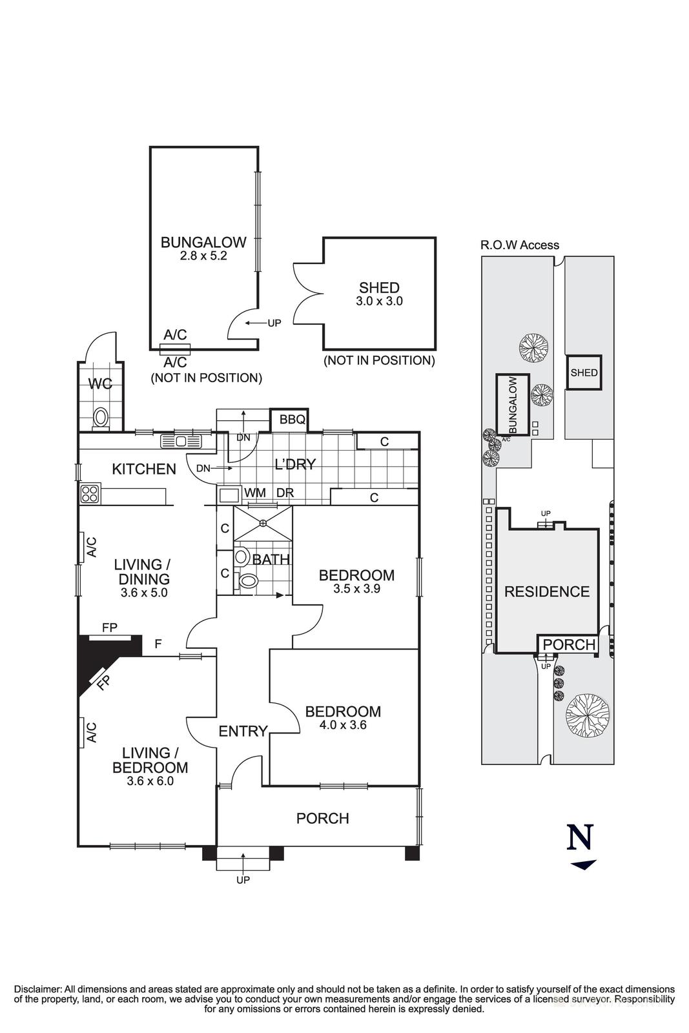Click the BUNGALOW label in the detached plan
(203, 243)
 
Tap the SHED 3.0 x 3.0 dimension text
(380, 301)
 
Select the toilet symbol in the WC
(100, 416)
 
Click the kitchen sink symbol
(181, 442)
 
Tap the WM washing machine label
(256, 493)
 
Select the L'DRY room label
(295, 464)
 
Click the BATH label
(271, 559)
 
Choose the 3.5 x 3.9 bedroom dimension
(356, 589)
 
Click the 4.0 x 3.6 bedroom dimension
(343, 725)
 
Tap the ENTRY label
(243, 731)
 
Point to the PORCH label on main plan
(322, 818)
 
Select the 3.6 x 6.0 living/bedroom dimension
(150, 781)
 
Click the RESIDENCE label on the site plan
(547, 591)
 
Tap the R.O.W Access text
(519, 245)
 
